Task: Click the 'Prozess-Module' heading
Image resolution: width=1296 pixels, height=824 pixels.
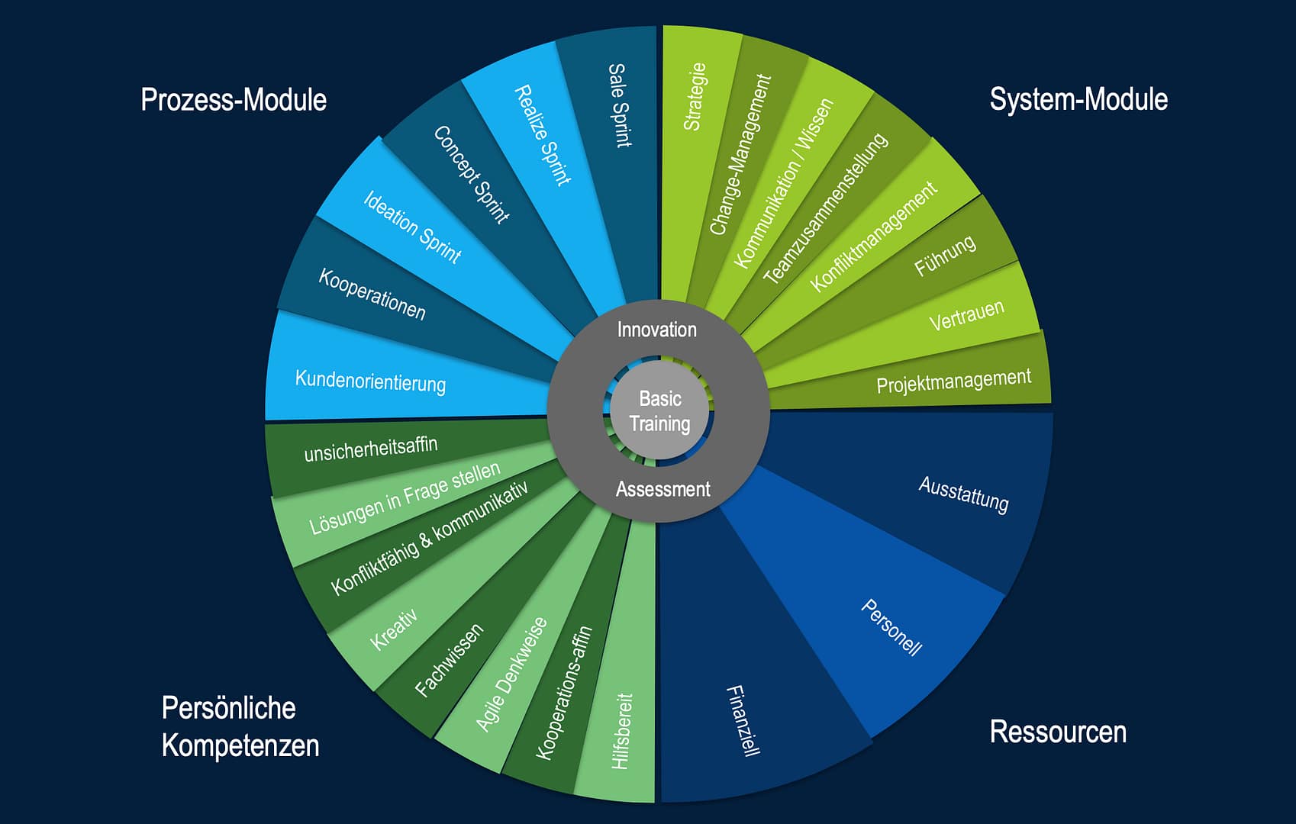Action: [x=234, y=100]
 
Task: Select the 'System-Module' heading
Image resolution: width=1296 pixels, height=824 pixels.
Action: [x=1078, y=99]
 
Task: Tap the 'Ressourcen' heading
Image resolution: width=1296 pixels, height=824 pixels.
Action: [x=1058, y=732]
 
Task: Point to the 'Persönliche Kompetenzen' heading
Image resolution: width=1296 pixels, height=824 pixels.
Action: [x=239, y=726]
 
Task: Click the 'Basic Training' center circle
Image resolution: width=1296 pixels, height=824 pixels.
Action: [x=660, y=411]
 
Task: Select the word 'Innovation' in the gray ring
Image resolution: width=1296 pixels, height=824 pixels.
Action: [x=656, y=330]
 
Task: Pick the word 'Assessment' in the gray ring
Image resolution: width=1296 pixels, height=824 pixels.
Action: [x=663, y=489]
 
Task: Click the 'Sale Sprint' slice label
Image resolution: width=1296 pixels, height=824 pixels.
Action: [x=619, y=105]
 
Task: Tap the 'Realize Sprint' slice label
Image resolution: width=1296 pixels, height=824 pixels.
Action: [x=543, y=136]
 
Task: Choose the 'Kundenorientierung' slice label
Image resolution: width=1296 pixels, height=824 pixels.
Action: [x=370, y=381]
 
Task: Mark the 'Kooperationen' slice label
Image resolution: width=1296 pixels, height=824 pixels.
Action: [x=372, y=294]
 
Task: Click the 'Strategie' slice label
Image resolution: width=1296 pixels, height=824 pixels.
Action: [x=695, y=97]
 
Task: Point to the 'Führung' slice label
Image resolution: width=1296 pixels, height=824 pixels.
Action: [x=945, y=256]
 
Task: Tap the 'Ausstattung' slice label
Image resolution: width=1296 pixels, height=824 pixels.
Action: [x=963, y=494]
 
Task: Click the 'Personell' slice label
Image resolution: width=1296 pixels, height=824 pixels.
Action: [x=891, y=627]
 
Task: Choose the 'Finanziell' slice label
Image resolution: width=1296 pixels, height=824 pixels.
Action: [x=743, y=721]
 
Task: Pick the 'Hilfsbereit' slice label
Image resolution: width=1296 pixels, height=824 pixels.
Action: [x=621, y=731]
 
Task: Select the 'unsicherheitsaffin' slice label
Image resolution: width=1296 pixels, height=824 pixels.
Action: [x=371, y=449]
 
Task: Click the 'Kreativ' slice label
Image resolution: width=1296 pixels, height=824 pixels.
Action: [x=394, y=629]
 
